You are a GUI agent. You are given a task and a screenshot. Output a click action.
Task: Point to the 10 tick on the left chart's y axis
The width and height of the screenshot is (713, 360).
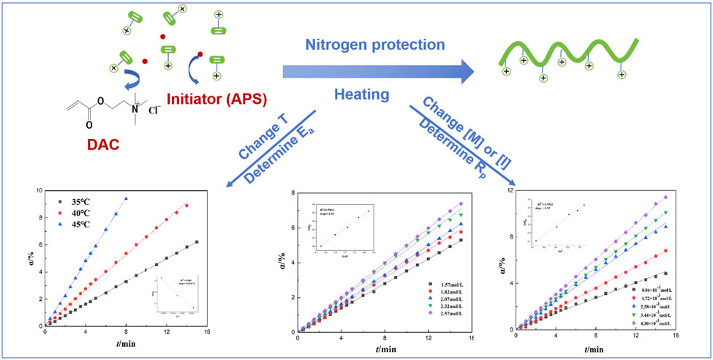coord(37,190)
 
